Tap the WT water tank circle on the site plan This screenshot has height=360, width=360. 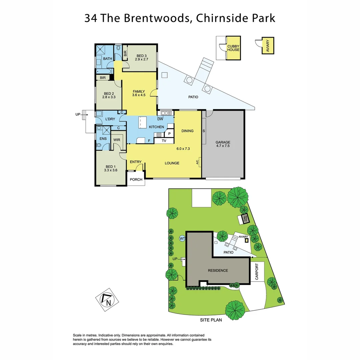[x=182, y=238]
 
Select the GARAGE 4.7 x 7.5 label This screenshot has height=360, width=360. [x=223, y=144]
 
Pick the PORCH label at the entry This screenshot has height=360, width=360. [x=136, y=179]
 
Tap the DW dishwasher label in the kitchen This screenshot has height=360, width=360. [x=160, y=119]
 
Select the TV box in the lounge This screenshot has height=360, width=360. [x=164, y=141]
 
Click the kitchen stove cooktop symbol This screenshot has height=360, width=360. [x=159, y=135]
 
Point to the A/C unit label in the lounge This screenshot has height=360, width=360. [x=197, y=163]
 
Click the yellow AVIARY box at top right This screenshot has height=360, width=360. [x=268, y=46]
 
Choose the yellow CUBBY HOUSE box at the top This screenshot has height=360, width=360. [x=233, y=48]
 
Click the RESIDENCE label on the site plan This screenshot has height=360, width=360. [x=218, y=270]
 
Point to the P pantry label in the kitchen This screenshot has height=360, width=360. [x=169, y=134]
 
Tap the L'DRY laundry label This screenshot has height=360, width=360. [x=110, y=119]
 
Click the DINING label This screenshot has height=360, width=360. [x=187, y=131]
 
